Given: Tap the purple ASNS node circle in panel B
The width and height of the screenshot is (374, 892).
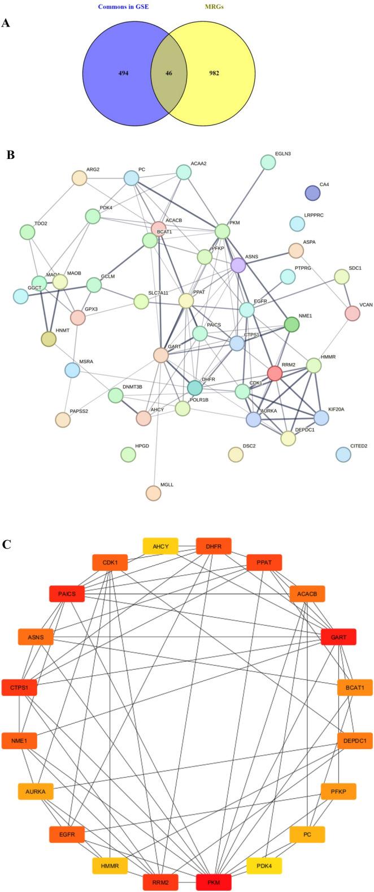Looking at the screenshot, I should pos(238,265).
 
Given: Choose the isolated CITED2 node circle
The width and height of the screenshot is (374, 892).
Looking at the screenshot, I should pos(343,454).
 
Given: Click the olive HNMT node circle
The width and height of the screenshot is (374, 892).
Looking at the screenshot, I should pos(49,339).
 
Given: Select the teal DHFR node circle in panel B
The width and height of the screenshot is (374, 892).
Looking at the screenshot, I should pos(195,388).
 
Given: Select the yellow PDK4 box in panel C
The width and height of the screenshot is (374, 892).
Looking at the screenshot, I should pos(264,865).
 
